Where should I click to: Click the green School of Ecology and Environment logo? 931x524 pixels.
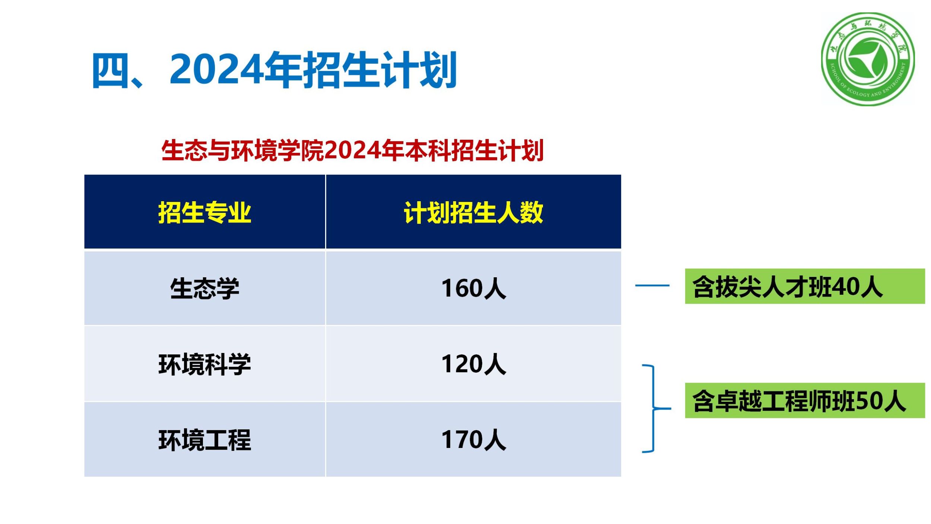[x=868, y=59]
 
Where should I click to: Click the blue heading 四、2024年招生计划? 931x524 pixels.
[x=274, y=70]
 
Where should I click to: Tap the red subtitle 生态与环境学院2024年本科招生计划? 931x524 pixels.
[x=352, y=151]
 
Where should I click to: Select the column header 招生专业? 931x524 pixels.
[x=204, y=212]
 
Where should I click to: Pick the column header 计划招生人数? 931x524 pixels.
[x=473, y=212]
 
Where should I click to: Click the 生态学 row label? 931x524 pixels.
[x=204, y=288]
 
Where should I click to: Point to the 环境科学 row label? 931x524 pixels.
[x=204, y=364]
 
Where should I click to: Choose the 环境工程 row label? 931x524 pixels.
[x=204, y=440]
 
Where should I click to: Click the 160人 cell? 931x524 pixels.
[x=473, y=288]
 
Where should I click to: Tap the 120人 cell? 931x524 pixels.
[x=473, y=364]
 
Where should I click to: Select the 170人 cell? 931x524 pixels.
[x=473, y=440]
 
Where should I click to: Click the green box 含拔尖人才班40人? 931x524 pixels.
[x=805, y=286]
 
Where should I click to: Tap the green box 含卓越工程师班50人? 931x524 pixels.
[x=805, y=401]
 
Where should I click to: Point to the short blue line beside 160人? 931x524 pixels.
[x=652, y=285]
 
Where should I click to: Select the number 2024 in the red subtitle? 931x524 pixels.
[x=353, y=151]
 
